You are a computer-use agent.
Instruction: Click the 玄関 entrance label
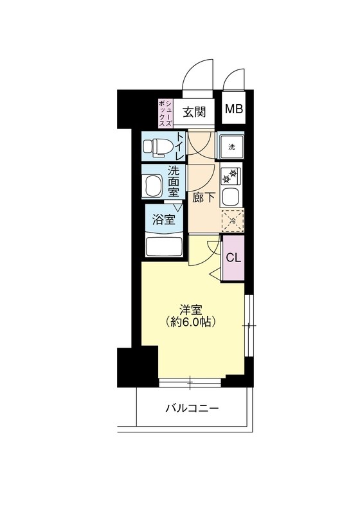point(194,112)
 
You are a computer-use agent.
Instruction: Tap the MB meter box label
point(234,110)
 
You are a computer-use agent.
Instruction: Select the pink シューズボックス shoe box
point(166,112)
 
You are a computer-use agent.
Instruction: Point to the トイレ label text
point(181,146)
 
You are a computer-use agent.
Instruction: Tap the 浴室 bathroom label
point(163,220)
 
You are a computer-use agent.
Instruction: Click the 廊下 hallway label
point(203,198)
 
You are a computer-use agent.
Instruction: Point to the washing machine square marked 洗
point(231,147)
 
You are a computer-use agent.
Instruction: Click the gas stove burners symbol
point(231,175)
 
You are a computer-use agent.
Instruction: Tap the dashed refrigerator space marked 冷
point(232,220)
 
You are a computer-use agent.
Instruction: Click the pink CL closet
point(233,258)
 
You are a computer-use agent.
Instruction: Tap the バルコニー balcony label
point(192,408)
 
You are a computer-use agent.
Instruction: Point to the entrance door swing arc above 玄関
point(197,73)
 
